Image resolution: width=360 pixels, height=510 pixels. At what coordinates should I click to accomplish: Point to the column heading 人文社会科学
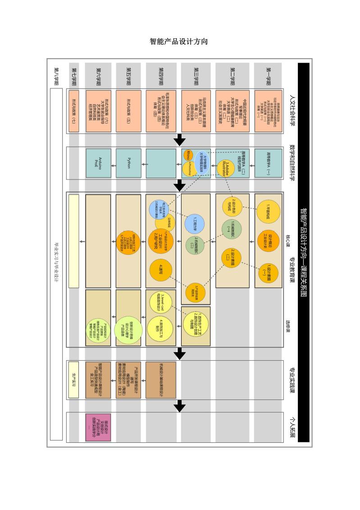(x=292, y=111)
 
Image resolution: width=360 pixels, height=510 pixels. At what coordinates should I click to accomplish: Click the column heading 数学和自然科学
(x=292, y=162)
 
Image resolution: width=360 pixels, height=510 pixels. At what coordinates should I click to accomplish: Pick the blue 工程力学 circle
(x=194, y=223)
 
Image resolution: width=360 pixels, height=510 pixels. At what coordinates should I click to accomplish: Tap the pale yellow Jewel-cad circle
(x=159, y=299)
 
